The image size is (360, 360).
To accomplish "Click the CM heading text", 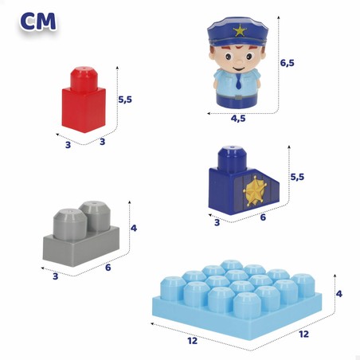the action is click(38, 22).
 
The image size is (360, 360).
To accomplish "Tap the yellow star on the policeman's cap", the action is click(240, 30).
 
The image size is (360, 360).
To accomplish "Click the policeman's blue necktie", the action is click(239, 81).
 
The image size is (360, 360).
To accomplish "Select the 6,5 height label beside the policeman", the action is click(288, 63).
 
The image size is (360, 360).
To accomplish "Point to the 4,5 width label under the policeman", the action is click(238, 119).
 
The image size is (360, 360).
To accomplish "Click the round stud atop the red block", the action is click(84, 79).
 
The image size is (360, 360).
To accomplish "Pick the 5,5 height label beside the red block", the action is click(125, 100).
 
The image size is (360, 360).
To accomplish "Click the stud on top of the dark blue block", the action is click(232, 158).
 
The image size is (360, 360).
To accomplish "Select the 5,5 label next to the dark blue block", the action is click(297, 177).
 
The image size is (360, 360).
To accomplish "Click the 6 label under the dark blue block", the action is click(263, 217).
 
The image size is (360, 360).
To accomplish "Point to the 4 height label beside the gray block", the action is click(134, 228).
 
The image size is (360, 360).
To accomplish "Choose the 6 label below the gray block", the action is click(108, 268).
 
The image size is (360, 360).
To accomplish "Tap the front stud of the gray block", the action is click(70, 225).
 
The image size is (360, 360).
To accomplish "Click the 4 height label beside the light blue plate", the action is click(339, 294).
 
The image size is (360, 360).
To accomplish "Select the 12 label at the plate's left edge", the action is click(193, 341).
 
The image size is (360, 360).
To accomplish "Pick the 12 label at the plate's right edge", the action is click(303, 334).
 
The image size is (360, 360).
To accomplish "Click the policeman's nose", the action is click(239, 62).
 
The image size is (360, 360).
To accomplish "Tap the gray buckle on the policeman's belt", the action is click(238, 97).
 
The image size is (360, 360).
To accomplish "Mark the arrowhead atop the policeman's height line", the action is click(279, 18).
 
